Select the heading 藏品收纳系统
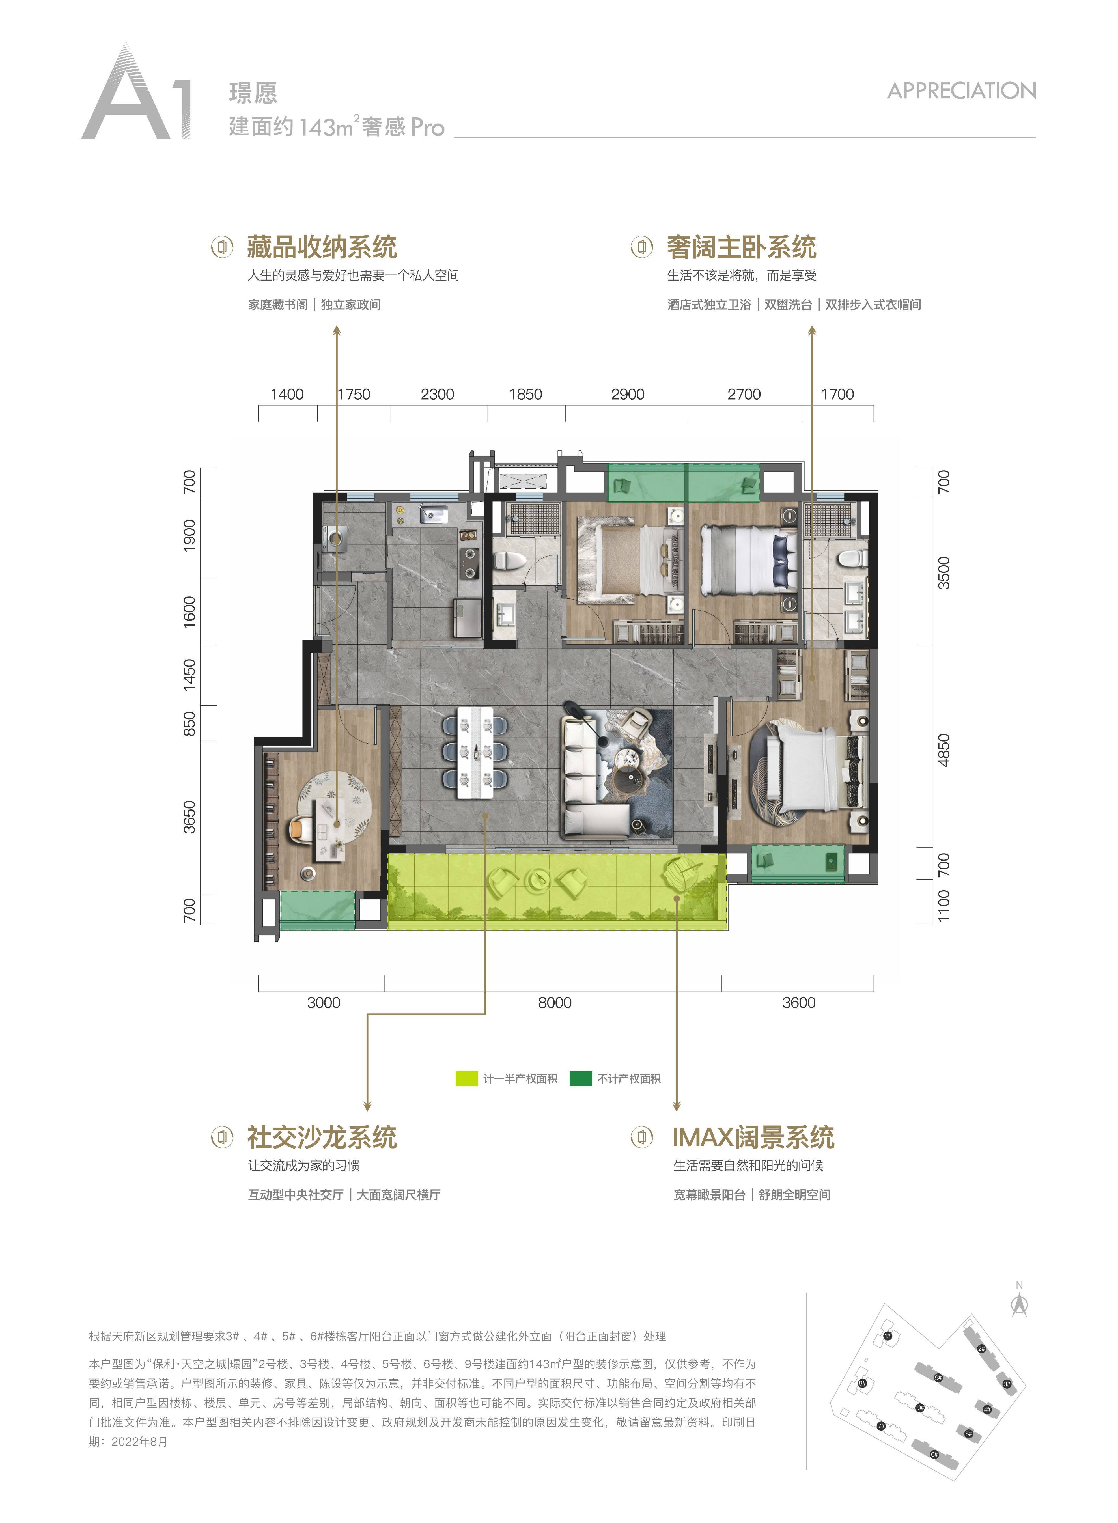click(322, 247)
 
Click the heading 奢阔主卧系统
click(742, 247)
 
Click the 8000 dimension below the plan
click(554, 1003)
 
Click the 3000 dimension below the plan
click(324, 1003)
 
